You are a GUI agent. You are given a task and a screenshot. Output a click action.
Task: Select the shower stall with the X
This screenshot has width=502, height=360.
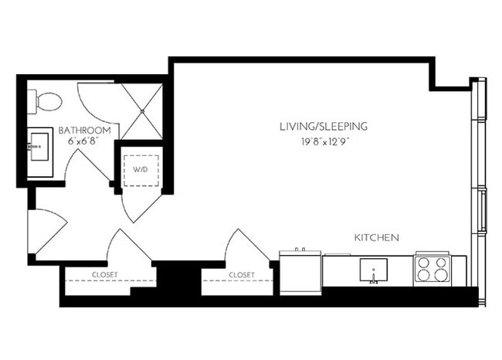pyautogui.click(x=144, y=111)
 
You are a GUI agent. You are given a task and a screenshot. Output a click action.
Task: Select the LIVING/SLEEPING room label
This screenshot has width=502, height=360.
pyautogui.click(x=324, y=126)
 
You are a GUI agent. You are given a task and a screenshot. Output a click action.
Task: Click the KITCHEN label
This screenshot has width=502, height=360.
pyautogui.click(x=376, y=237)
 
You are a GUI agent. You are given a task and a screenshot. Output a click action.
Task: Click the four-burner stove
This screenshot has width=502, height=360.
pyautogui.click(x=432, y=270)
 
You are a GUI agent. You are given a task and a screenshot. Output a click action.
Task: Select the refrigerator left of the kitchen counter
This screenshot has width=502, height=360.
pyautogui.click(x=300, y=271)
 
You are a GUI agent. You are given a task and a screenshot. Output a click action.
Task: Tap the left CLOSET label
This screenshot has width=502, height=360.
pyautogui.click(x=104, y=273)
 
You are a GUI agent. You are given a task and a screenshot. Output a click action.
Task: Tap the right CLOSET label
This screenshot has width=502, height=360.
pyautogui.click(x=242, y=273)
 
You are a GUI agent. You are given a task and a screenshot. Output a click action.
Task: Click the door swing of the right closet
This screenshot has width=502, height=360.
pyautogui.click(x=246, y=248)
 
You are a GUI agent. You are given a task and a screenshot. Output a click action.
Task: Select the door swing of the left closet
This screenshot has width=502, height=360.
pyautogui.click(x=127, y=247)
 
